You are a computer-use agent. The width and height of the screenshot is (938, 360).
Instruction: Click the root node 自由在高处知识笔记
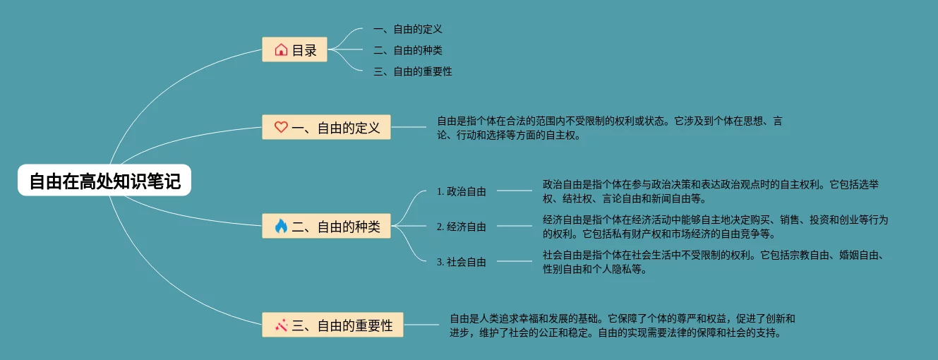(x=104, y=181)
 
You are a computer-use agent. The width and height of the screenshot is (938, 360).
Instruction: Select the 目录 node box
(x=294, y=50)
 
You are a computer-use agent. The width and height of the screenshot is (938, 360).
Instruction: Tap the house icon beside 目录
(x=281, y=50)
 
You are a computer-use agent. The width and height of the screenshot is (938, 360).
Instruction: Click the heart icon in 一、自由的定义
(x=281, y=127)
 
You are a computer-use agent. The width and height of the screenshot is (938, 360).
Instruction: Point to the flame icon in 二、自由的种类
(x=281, y=226)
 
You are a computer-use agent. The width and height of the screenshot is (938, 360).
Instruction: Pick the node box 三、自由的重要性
(x=332, y=325)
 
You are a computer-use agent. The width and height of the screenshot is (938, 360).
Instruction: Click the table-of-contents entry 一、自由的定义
(x=407, y=29)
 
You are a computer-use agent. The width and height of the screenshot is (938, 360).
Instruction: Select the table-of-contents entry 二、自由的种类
(x=407, y=50)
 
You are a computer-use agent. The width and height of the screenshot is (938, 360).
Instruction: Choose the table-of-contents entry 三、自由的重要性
(x=412, y=71)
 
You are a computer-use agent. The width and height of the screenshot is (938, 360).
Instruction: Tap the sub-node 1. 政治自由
(x=462, y=191)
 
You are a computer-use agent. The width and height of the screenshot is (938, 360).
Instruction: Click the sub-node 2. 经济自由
(x=462, y=227)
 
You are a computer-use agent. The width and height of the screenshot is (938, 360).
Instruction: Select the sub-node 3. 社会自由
(x=462, y=262)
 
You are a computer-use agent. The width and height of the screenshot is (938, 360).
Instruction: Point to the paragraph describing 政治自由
(x=710, y=191)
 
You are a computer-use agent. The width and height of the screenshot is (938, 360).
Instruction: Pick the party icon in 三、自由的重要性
(x=281, y=325)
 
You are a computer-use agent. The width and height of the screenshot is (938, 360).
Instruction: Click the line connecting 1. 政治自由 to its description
(x=515, y=191)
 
